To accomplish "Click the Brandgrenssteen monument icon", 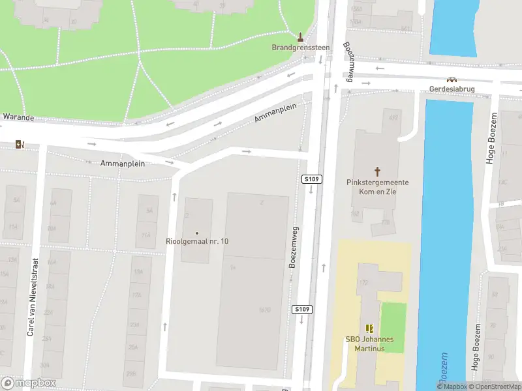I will (300, 36).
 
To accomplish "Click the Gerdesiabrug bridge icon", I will (451, 80).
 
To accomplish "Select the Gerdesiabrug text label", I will (451, 89).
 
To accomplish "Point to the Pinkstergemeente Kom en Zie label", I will (378, 187).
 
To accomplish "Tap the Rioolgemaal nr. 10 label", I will (197, 242).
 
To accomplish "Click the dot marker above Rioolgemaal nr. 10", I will (197, 233).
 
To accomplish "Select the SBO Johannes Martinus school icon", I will (369, 328).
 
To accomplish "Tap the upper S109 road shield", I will (311, 179).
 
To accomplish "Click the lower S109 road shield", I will (301, 309).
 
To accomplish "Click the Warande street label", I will (18, 118).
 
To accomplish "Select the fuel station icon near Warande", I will (21, 144).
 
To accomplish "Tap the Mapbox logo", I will (29, 383).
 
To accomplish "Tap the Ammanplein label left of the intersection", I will (122, 163).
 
